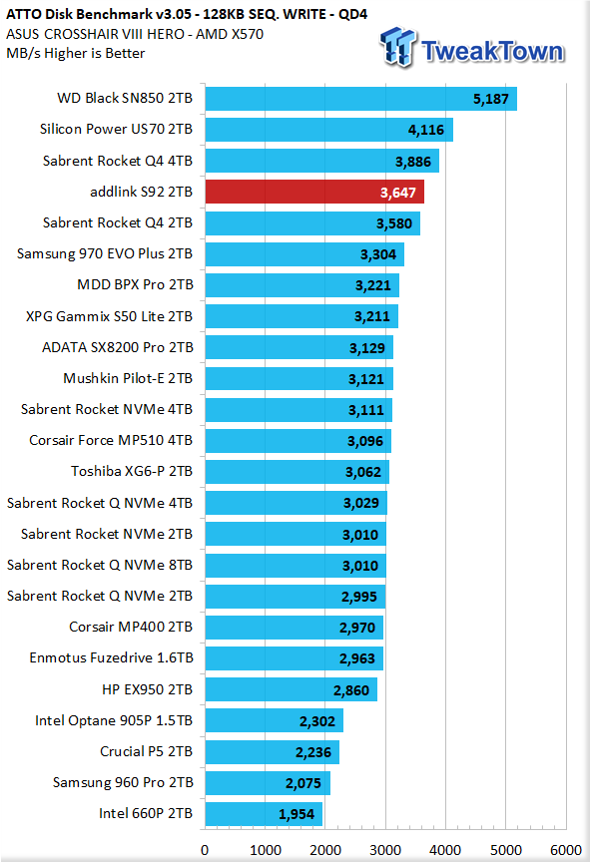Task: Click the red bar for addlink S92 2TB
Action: [314, 192]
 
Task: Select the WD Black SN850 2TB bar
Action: [361, 99]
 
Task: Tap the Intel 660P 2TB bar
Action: [264, 814]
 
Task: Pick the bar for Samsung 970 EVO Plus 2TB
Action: [304, 254]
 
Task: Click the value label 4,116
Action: [426, 131]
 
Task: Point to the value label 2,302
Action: [317, 721]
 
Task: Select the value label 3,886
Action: [413, 162]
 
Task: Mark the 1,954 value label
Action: [296, 814]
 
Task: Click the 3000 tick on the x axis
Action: [385, 850]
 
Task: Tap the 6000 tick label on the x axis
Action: [566, 850]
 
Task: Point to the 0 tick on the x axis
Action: [205, 850]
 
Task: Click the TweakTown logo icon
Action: [398, 48]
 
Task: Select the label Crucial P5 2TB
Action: [147, 751]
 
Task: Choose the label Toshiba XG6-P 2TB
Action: [132, 472]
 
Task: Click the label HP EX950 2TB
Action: [148, 689]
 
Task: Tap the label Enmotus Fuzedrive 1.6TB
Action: [112, 658]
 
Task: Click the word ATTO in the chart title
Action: [24, 14]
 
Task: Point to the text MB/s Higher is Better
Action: [76, 53]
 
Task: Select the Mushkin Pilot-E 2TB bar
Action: [299, 378]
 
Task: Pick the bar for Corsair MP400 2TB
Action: [295, 628]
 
